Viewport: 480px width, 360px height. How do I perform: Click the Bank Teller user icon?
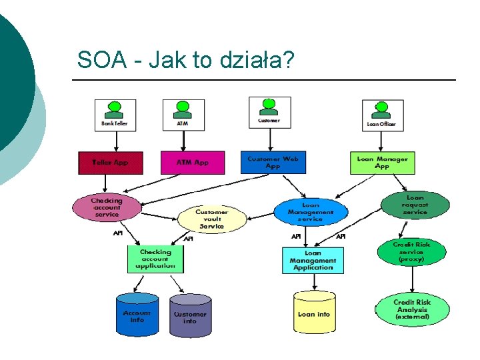[115, 114]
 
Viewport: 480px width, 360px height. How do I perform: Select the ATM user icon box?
[183, 114]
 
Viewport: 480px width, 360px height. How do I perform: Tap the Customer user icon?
[269, 111]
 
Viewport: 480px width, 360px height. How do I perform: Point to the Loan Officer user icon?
[381, 114]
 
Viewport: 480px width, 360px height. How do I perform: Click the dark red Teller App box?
[111, 162]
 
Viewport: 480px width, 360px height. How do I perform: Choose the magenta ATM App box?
[193, 162]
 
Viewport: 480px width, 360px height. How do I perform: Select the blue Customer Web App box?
[273, 162]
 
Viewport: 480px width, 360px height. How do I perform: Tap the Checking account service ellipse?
[107, 207]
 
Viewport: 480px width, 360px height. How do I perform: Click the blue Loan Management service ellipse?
[311, 212]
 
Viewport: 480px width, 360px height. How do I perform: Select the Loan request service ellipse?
[415, 205]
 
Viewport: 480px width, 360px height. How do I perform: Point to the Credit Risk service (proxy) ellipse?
[411, 253]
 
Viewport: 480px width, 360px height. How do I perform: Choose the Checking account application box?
[155, 259]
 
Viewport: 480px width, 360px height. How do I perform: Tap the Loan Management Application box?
[313, 260]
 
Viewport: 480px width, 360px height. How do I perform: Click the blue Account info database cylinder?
[137, 315]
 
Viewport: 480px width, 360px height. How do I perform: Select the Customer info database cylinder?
[190, 316]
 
